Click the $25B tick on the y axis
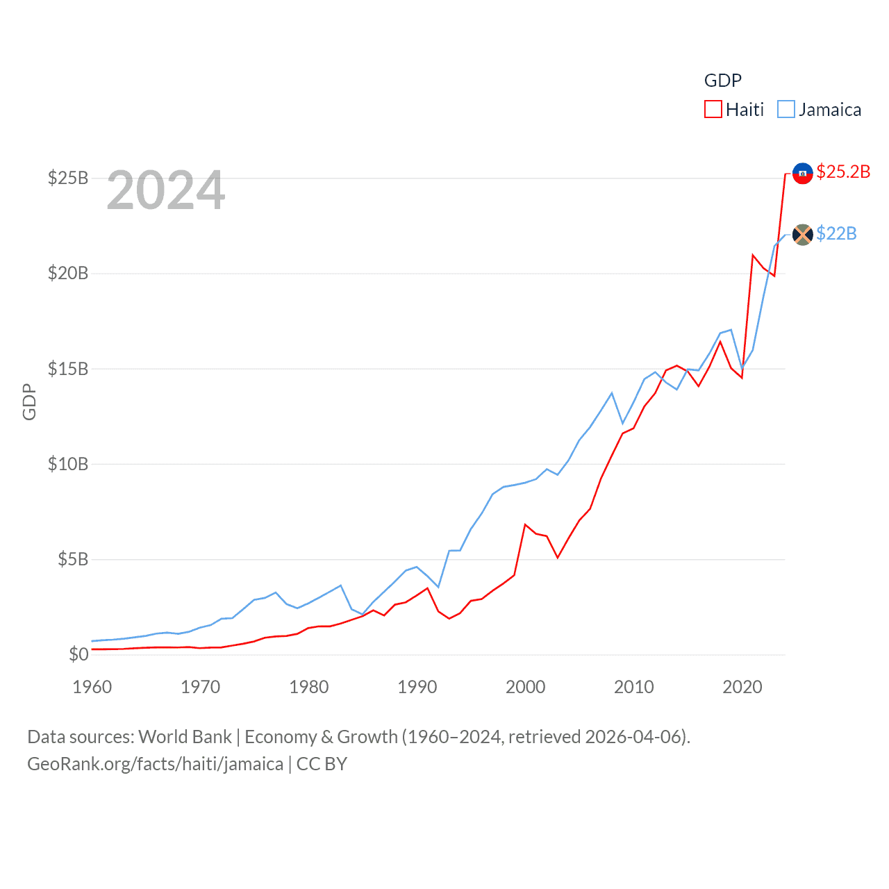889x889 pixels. click(68, 178)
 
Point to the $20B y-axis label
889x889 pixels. click(68, 273)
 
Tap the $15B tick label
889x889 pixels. click(68, 368)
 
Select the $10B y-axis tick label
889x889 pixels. click(68, 463)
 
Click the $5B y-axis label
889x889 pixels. click(73, 558)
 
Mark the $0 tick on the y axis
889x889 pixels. click(78, 654)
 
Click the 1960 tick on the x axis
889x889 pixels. click(92, 687)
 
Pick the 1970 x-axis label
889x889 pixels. click(201, 687)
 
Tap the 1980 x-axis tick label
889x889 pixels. click(309, 687)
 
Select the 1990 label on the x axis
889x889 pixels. click(417, 687)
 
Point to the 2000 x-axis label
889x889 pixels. click(526, 687)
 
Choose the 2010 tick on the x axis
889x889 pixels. click(634, 687)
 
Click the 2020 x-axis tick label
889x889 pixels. click(742, 687)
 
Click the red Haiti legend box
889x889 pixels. click(713, 109)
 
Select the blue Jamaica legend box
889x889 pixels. click(786, 109)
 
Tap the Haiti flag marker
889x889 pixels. click(802, 173)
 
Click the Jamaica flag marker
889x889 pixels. click(802, 235)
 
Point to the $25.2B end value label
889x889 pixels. click(843, 172)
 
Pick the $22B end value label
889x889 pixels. click(836, 233)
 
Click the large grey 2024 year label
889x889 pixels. click(166, 190)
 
